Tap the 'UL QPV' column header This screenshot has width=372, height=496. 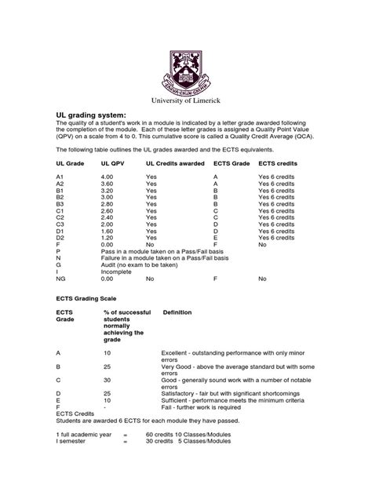tap(113, 162)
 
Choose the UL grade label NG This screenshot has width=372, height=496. tap(61, 278)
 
